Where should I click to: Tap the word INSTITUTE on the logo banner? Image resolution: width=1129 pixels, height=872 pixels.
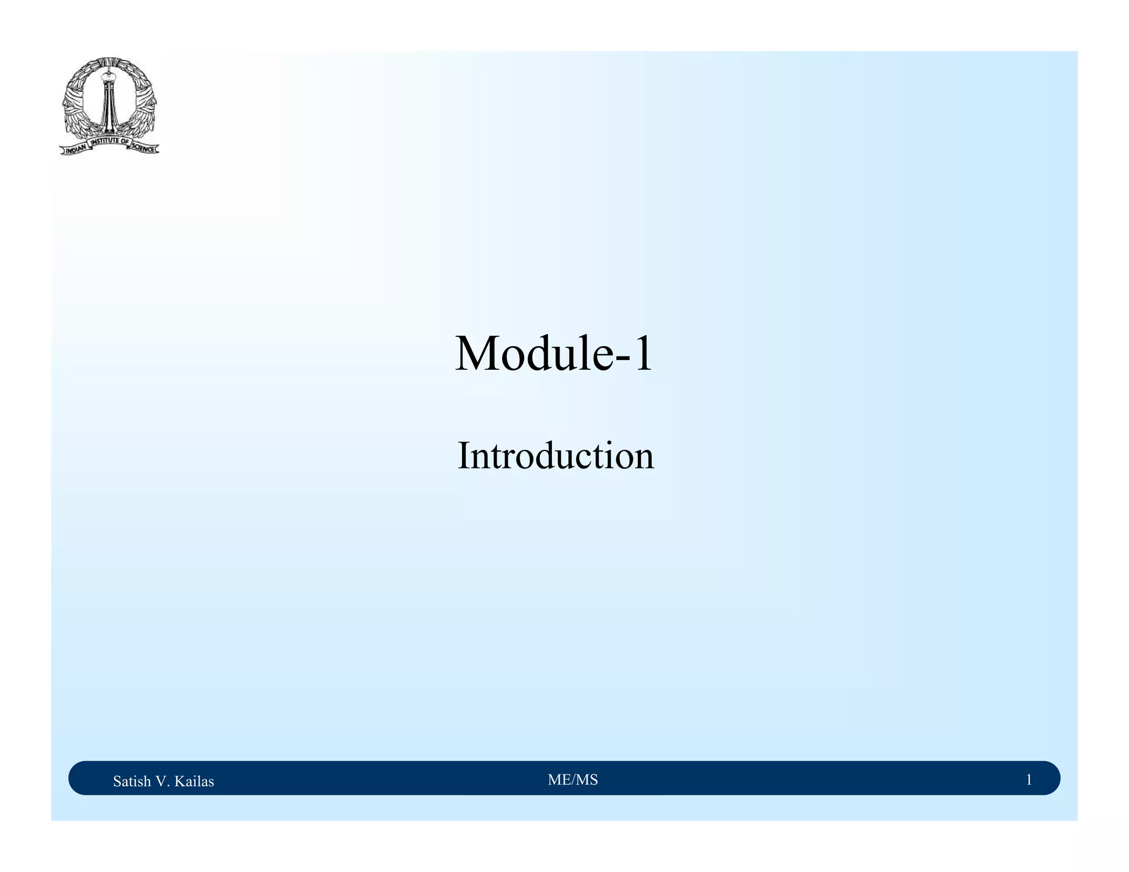pyautogui.click(x=106, y=142)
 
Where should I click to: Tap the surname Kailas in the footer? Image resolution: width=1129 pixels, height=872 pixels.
pyautogui.click(x=194, y=781)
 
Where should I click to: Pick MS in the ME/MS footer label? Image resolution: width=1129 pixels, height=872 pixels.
pyautogui.click(x=588, y=779)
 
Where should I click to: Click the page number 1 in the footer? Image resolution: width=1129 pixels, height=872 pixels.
pyautogui.click(x=1029, y=779)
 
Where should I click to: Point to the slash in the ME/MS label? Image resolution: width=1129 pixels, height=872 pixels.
pyautogui.click(x=573, y=779)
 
